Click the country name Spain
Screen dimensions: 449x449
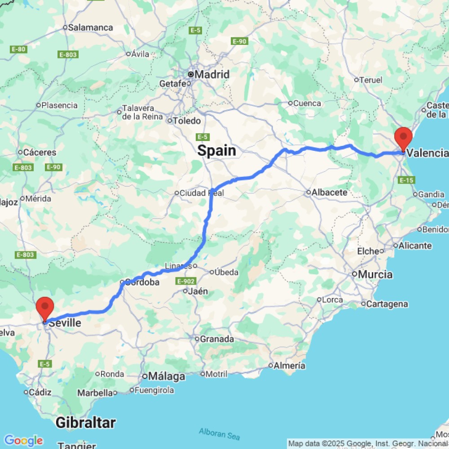point(217,150)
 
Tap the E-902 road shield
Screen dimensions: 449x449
point(185,281)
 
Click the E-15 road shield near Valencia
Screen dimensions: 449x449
point(406,180)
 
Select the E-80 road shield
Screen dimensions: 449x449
point(18,49)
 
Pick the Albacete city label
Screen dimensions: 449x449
point(330,193)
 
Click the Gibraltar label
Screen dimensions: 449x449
point(85,423)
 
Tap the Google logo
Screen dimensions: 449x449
point(23,440)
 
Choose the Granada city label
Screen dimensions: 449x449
point(217,339)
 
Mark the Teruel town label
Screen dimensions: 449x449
point(371,80)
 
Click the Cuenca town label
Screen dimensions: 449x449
point(307,103)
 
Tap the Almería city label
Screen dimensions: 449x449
point(290,365)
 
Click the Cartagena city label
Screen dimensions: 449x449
point(387,304)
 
